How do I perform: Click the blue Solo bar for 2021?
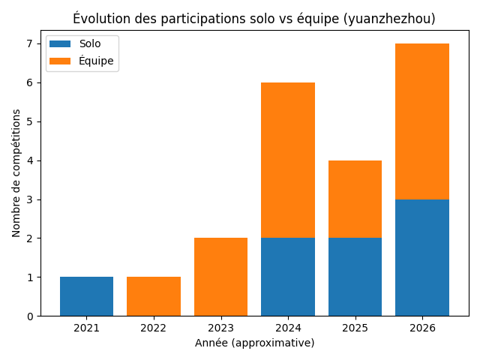coord(86,296)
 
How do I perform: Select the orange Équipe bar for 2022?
coord(154,296)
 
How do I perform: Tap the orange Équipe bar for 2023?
coord(220,277)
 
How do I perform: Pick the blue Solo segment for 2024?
coord(288,277)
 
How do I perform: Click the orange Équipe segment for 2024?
coord(288,160)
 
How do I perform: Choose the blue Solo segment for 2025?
coord(355,277)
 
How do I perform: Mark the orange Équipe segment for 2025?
coord(355,199)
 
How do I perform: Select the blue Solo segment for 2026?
coord(422,257)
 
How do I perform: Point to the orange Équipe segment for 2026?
coord(422,121)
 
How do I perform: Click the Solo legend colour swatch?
coord(61,44)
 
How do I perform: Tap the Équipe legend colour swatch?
coord(61,61)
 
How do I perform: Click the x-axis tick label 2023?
coord(220,328)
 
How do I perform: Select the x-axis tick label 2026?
coord(422,328)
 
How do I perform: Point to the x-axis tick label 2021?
coord(86,328)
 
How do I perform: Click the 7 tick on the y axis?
coord(30,44)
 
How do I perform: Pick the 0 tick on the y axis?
coord(30,316)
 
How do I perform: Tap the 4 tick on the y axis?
coord(30,160)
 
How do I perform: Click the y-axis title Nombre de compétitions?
coord(16,173)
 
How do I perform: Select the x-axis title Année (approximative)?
coord(254,343)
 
